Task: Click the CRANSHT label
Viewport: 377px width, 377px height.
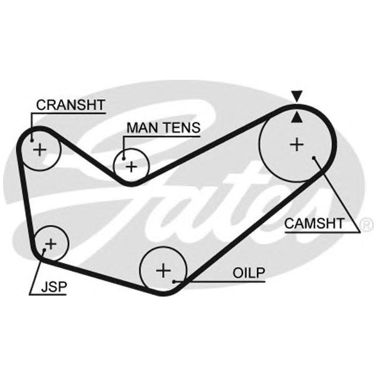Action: click(x=70, y=104)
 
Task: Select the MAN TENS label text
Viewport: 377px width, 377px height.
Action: click(x=163, y=128)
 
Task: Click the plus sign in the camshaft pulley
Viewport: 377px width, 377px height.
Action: click(x=296, y=145)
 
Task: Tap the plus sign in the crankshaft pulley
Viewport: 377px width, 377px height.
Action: click(x=40, y=150)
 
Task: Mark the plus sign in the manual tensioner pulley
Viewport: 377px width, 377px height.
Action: click(x=131, y=167)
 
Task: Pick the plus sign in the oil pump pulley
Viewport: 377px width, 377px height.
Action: click(x=163, y=271)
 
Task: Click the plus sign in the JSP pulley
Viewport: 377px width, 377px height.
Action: click(x=51, y=243)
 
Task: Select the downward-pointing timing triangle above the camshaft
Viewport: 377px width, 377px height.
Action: click(x=297, y=96)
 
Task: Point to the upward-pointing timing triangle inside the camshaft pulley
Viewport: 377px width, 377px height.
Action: click(x=297, y=116)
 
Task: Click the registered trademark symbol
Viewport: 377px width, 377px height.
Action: click(x=364, y=224)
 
